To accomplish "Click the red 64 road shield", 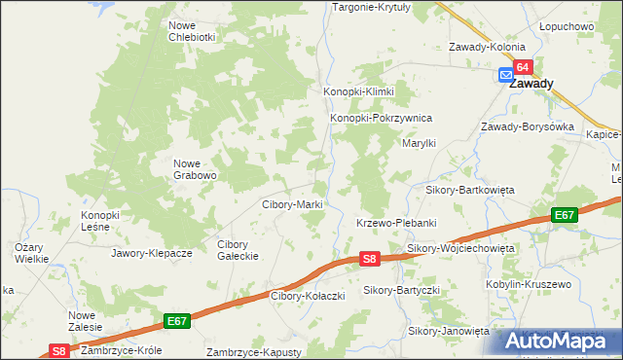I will click(x=524, y=67).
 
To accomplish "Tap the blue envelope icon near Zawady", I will click(x=506, y=75).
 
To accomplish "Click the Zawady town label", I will click(x=531, y=84).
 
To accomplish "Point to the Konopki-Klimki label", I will click(x=358, y=91).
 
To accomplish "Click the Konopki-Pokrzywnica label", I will click(x=381, y=119).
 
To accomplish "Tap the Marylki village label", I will click(x=420, y=143).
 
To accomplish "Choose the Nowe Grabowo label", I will click(x=194, y=169).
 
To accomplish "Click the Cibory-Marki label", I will click(x=292, y=205).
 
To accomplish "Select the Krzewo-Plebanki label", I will click(x=393, y=223).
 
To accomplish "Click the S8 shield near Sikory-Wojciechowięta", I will click(x=369, y=259).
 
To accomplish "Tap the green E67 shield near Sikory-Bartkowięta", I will click(x=564, y=215).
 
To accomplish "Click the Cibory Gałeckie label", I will click(x=237, y=249).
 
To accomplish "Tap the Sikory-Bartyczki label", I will click(x=402, y=290).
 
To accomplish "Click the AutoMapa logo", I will click(x=559, y=342).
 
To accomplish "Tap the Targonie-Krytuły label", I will click(x=373, y=7).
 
